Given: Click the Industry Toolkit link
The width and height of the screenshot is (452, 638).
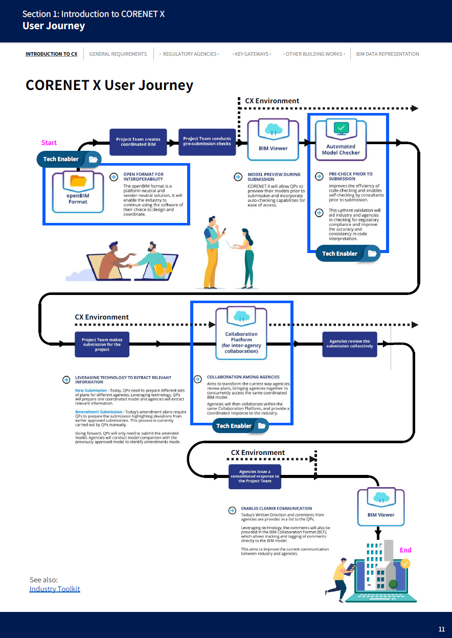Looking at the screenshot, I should pos(55,589).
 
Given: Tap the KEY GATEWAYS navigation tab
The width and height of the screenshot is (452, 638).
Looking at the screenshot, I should pos(252,54).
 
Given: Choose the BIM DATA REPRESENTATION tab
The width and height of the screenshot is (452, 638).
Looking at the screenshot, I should pos(387,54).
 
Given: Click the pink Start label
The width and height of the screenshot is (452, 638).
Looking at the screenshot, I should pos(49,143).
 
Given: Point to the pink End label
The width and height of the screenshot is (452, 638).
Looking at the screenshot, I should pos(405,550).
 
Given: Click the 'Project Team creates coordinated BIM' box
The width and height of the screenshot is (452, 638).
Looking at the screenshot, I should pos(138,142).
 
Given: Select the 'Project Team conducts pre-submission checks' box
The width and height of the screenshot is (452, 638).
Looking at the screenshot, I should pos(207,142).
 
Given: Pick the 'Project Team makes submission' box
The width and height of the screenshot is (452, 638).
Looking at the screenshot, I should pos(102,344).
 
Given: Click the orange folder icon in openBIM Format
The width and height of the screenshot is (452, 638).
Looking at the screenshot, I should pos(78,181).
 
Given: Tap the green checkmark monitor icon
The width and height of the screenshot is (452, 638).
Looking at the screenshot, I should pos(341,128).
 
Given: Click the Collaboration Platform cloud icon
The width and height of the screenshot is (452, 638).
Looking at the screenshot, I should pos(241,316).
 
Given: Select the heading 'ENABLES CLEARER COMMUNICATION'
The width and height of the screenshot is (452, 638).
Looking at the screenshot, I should pos(276,509).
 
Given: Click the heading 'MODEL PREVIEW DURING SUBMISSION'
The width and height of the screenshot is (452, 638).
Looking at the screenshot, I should pos(274,177).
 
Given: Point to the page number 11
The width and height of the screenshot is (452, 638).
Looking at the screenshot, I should pos(442,629).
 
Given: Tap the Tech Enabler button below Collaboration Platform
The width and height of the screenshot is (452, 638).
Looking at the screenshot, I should pos(240,426).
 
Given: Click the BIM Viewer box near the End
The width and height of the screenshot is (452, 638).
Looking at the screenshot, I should pos(381,506).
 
